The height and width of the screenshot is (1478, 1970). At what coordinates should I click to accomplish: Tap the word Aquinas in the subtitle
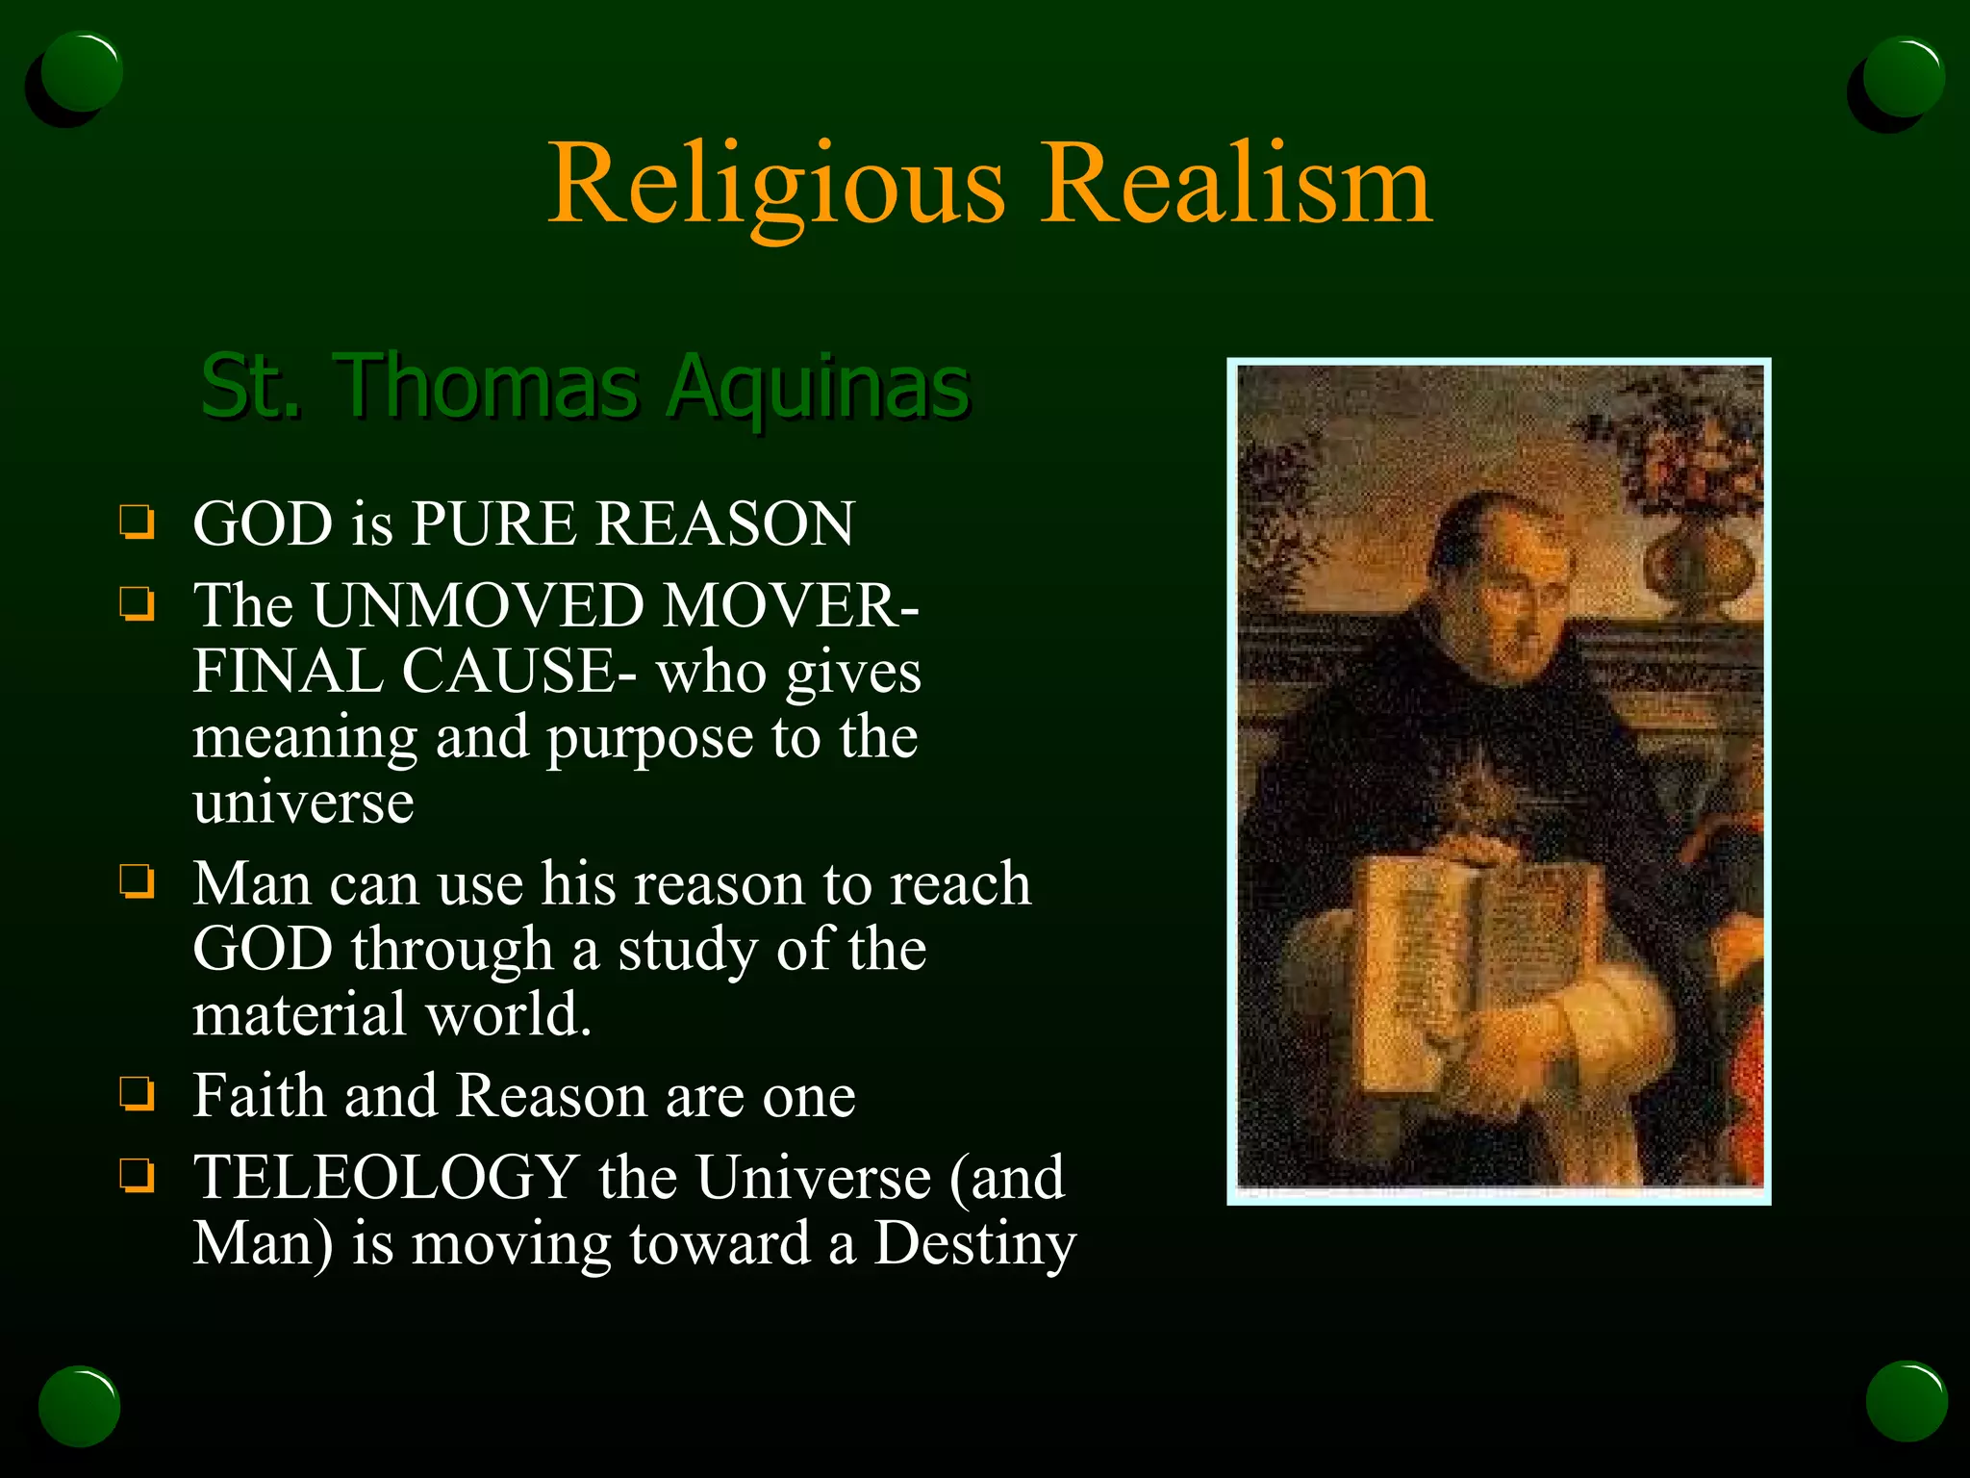tap(818, 388)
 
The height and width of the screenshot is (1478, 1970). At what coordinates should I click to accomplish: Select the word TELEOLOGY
tap(385, 1177)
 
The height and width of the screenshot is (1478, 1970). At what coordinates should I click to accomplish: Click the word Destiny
tap(973, 1243)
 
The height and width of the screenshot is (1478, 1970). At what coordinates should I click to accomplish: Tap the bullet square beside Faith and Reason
tap(137, 1094)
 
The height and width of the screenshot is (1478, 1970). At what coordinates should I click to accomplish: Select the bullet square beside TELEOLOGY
tap(137, 1176)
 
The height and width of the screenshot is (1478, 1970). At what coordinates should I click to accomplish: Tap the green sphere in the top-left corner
tap(82, 73)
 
